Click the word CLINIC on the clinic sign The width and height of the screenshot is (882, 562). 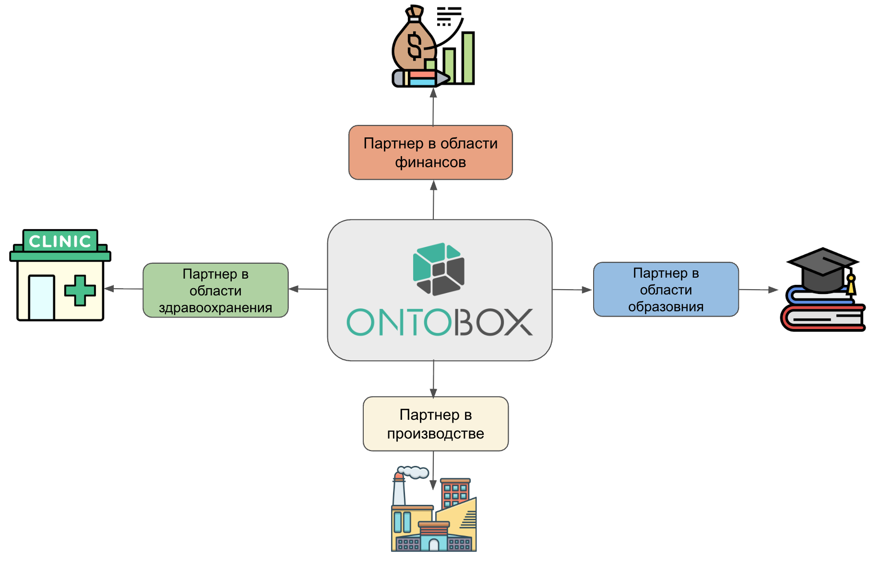pyautogui.click(x=60, y=241)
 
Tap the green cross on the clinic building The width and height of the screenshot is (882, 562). pyautogui.click(x=80, y=290)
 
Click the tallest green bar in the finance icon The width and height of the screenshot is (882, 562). pyautogui.click(x=468, y=58)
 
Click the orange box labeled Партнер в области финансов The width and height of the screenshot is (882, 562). pyautogui.click(x=430, y=153)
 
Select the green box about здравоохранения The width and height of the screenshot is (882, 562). pyautogui.click(x=215, y=290)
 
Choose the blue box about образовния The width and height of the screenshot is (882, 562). pyautogui.click(x=666, y=289)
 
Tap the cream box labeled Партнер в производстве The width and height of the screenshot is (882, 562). pyautogui.click(x=435, y=424)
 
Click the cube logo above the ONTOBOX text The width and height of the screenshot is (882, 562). pyautogui.click(x=439, y=269)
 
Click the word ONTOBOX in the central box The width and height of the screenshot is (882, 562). pyautogui.click(x=440, y=322)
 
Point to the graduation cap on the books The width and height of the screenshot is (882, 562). pyautogui.click(x=822, y=269)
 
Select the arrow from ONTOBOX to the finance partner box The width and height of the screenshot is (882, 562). pyautogui.click(x=433, y=200)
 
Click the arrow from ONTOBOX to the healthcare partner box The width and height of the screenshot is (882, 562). pyautogui.click(x=308, y=289)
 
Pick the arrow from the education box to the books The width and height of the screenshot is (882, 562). pyautogui.click(x=758, y=290)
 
